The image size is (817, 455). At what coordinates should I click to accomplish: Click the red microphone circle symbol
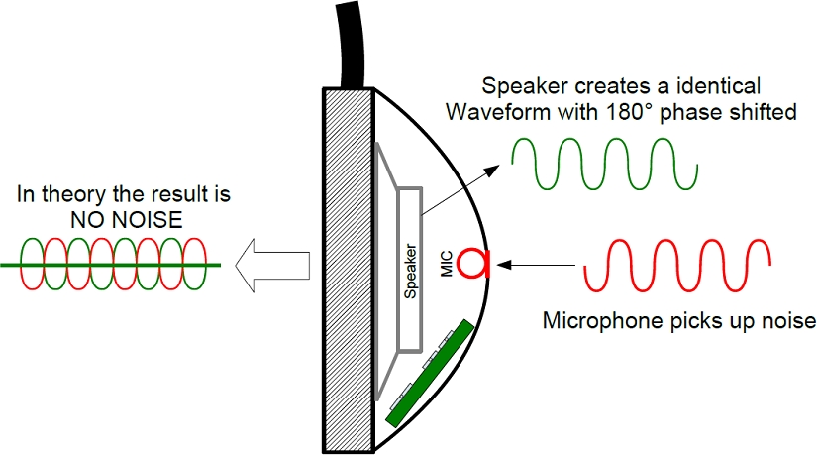pos(477,263)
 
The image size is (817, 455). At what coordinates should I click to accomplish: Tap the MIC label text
pos(448,264)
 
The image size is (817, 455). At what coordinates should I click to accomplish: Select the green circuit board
pos(429,372)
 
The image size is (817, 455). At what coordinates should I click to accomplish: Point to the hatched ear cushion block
pos(348,268)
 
